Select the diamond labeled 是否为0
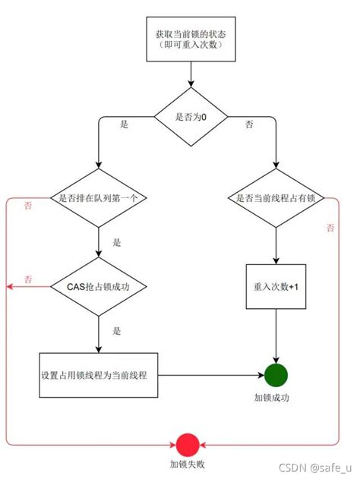click(x=190, y=116)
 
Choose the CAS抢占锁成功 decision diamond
click(x=99, y=286)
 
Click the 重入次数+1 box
click(x=276, y=286)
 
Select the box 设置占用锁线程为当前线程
click(x=99, y=375)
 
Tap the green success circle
click(x=276, y=375)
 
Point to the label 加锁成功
click(x=276, y=398)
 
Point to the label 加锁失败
click(x=187, y=464)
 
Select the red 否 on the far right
click(x=330, y=227)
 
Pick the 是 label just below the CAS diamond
click(x=116, y=331)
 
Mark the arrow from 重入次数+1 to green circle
click(x=276, y=334)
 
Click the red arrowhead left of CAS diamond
click(x=10, y=286)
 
